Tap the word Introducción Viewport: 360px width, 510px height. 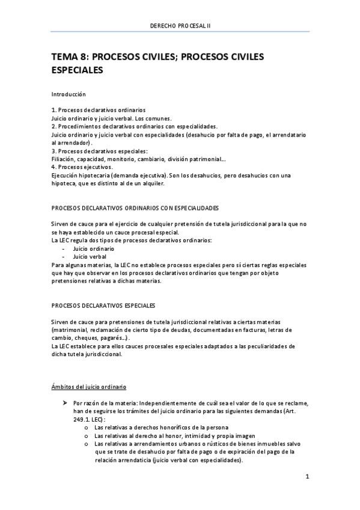pyautogui.click(x=69, y=94)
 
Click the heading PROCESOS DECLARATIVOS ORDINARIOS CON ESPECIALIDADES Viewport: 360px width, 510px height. pyautogui.click(x=135, y=207)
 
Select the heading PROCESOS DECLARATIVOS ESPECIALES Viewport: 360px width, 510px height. pyautogui.click(x=103, y=305)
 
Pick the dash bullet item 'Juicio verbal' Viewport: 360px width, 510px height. pyautogui.click(x=90, y=256)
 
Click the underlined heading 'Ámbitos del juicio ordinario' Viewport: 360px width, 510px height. pyautogui.click(x=88, y=386)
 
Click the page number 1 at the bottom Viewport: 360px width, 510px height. pyautogui.click(x=307, y=477)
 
